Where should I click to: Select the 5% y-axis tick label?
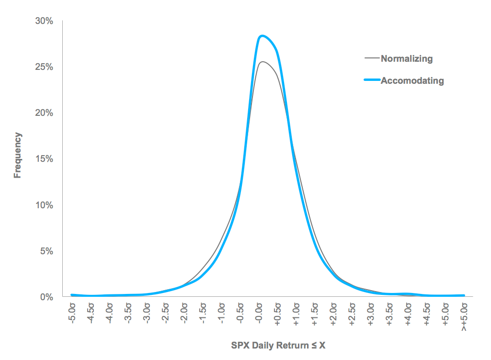click(45, 251)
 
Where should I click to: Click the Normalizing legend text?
click(407, 59)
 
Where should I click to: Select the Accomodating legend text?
click(412, 80)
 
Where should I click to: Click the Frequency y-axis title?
click(18, 155)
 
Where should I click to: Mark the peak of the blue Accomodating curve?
click(262, 36)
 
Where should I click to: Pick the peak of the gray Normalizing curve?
click(262, 62)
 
